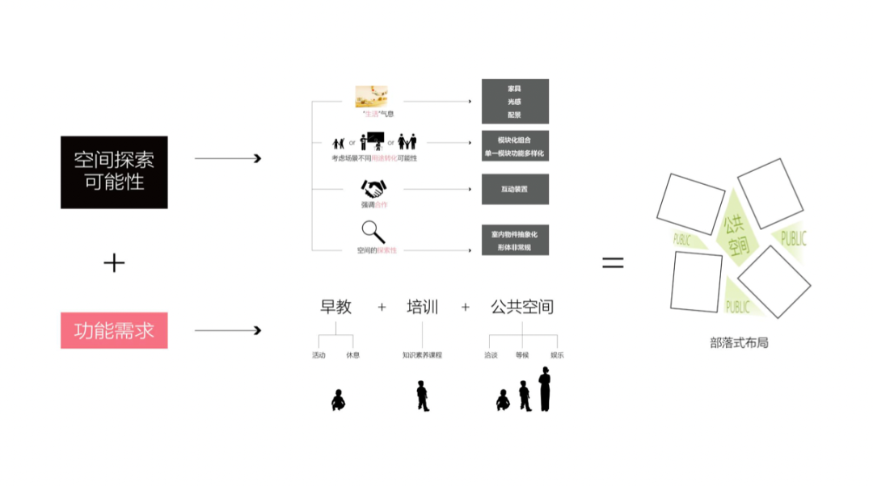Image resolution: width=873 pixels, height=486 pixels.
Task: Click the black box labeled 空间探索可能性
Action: pyautogui.click(x=114, y=172)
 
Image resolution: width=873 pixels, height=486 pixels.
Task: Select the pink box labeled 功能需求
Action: pyautogui.click(x=114, y=330)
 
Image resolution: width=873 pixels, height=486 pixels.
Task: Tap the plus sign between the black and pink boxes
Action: pyautogui.click(x=114, y=262)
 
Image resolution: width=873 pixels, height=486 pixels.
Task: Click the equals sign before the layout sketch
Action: pyautogui.click(x=613, y=262)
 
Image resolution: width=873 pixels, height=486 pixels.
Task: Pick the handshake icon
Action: pyautogui.click(x=373, y=190)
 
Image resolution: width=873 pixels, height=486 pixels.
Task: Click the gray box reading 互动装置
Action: pyautogui.click(x=515, y=189)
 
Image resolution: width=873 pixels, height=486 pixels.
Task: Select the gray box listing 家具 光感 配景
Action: pyautogui.click(x=515, y=101)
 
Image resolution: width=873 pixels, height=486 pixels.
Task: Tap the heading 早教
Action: pyautogui.click(x=336, y=307)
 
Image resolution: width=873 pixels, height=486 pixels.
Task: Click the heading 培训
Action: pyautogui.click(x=422, y=307)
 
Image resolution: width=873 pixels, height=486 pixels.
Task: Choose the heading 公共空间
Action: pyautogui.click(x=522, y=307)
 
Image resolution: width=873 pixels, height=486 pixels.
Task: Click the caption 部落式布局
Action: pyautogui.click(x=739, y=342)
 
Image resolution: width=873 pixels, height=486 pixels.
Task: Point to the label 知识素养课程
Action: pyautogui.click(x=422, y=355)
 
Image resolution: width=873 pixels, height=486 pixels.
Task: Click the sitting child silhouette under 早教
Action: pyautogui.click(x=338, y=399)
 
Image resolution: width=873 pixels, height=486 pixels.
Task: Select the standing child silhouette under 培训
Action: pyautogui.click(x=422, y=396)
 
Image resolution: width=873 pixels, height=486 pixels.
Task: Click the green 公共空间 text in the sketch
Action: pyautogui.click(x=735, y=234)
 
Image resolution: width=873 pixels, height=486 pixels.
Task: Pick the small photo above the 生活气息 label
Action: pyautogui.click(x=372, y=96)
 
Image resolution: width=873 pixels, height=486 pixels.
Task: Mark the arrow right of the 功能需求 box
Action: pyautogui.click(x=228, y=330)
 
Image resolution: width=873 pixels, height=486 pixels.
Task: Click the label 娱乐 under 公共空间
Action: pyautogui.click(x=558, y=355)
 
